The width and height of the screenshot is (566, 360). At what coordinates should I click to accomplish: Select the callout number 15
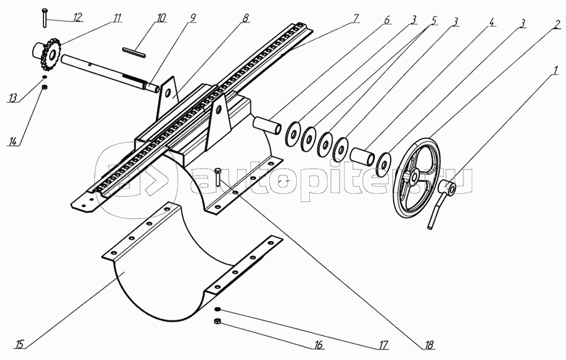point(19,344)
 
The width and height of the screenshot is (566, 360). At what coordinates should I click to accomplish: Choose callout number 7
point(355,18)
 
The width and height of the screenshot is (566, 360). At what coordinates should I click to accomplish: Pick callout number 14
point(13,141)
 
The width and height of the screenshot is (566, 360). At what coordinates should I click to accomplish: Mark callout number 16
point(318,345)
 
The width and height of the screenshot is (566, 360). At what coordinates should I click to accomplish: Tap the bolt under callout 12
point(44,18)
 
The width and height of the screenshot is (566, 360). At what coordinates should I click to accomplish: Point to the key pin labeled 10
point(135,52)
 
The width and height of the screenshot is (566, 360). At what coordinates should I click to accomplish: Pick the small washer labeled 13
point(44,77)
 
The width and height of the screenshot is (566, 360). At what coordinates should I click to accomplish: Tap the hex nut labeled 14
point(44,87)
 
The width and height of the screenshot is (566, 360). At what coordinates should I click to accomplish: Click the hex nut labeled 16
point(218,321)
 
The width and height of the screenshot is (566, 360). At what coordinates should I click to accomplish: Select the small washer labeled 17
point(218,310)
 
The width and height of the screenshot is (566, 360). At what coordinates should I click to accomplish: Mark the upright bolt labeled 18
point(218,177)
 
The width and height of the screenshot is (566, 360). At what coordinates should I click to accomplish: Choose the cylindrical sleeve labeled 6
point(267,125)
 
